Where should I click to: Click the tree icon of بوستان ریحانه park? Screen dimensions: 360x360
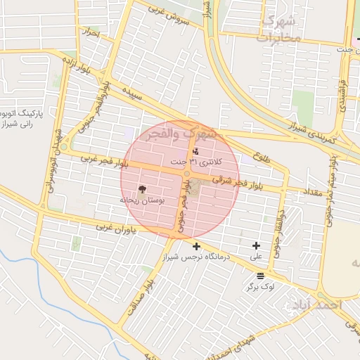[x=143, y=188]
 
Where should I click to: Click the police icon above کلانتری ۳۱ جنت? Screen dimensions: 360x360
[x=195, y=151]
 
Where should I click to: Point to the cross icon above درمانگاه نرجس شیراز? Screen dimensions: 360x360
[x=196, y=246]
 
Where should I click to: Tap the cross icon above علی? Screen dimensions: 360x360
[x=256, y=246]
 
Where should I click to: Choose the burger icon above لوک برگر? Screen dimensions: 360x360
[x=261, y=276]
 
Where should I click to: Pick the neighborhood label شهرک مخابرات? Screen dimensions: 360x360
[x=281, y=29]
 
